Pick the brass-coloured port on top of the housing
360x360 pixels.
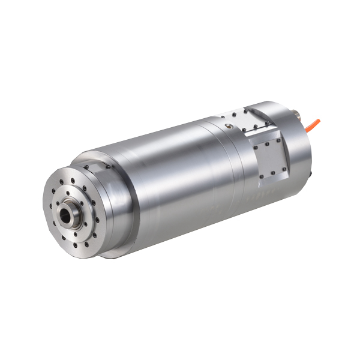[x=228, y=125]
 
